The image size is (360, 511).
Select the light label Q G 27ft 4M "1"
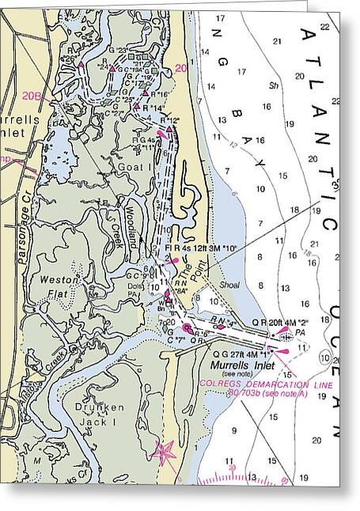click(x=229, y=354)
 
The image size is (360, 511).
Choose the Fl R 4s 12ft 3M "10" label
click(x=202, y=247)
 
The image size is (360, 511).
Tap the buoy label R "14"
click(x=153, y=107)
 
